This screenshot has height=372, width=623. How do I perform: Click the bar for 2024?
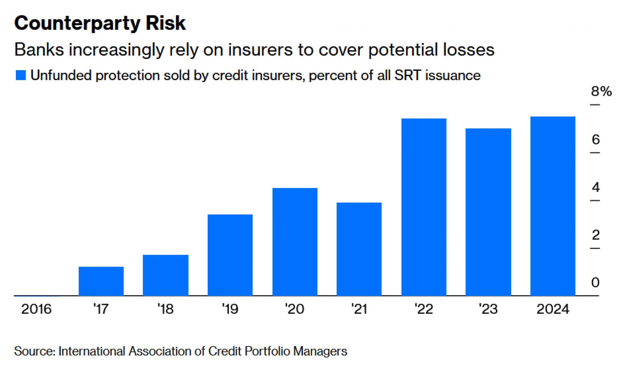coord(553,206)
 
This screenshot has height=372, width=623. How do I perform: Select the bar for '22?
coord(424,207)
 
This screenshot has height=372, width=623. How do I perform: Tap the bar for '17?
coord(101,281)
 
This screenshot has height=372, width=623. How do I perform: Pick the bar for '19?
coord(230,255)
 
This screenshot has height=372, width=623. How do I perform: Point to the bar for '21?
coord(359,249)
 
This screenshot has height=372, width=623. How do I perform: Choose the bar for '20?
coord(295,242)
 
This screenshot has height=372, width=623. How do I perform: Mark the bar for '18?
coord(165,275)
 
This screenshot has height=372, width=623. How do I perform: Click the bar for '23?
coord(488,212)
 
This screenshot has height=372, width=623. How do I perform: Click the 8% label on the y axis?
coord(601,91)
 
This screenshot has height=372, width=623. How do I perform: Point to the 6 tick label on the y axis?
coord(596,139)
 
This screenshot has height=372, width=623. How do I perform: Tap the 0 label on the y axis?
coord(595,283)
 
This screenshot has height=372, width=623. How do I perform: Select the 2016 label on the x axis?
coord(36,309)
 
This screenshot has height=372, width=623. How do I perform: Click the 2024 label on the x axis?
coord(553,309)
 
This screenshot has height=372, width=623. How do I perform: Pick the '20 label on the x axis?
coord(294,309)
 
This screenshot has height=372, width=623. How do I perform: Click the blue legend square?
coord(21,75)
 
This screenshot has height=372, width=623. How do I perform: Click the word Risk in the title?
coord(165,23)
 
